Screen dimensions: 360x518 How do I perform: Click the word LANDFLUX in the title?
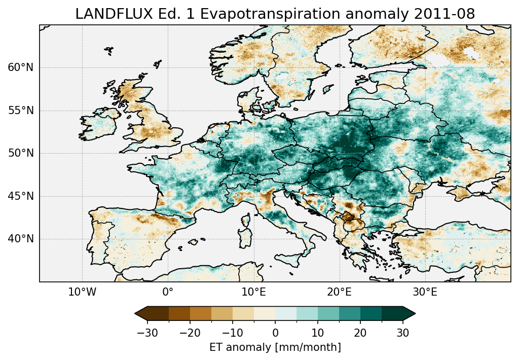point(107,14)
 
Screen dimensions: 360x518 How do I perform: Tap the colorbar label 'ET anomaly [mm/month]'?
point(275,347)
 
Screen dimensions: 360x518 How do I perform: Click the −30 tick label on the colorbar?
point(147,333)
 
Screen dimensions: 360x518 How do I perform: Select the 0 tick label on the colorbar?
point(275,333)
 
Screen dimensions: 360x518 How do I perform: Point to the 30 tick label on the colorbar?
point(403,333)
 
